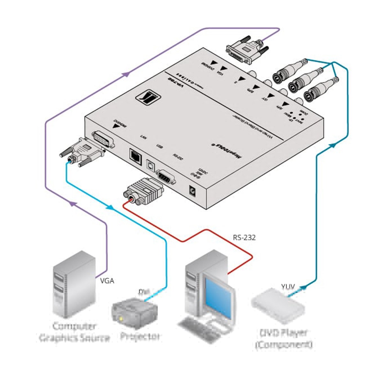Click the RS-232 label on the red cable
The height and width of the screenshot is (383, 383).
pos(244,237)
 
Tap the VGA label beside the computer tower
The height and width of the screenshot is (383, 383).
pos(107,281)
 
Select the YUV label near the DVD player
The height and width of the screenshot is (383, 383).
pos(288,286)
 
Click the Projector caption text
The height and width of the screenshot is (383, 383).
pos(140,336)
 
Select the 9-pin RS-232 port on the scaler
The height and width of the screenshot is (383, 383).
pos(165,177)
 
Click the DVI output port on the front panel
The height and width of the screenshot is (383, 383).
pos(104,140)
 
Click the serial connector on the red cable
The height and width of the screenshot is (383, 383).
pos(143,191)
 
